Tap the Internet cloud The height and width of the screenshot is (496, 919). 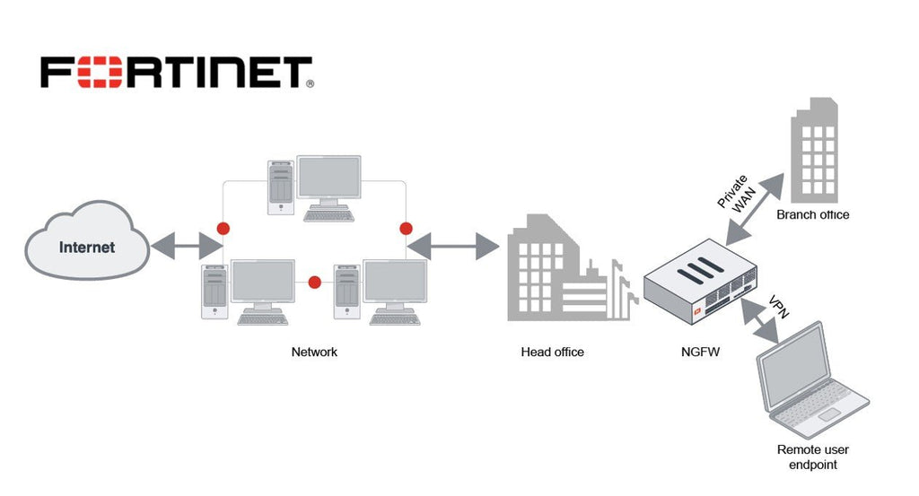tap(87, 246)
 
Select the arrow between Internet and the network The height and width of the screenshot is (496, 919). tap(187, 245)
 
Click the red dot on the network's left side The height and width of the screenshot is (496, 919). tap(223, 228)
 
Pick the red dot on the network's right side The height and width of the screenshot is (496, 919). tap(406, 228)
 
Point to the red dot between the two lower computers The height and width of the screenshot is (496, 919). tap(314, 283)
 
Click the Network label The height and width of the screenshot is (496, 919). tap(314, 352)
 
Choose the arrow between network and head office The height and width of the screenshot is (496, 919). tap(453, 245)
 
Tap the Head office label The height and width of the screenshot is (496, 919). tap(552, 352)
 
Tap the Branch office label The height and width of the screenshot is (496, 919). tap(812, 215)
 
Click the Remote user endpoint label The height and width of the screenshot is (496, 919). tap(812, 457)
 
